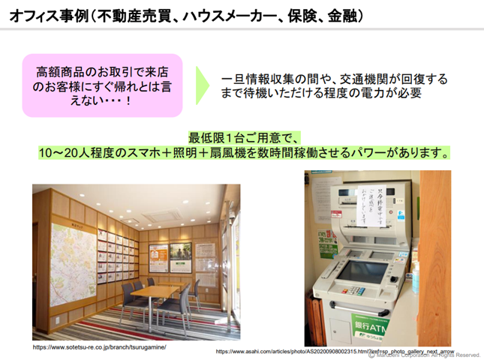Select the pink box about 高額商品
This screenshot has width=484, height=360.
[103, 84]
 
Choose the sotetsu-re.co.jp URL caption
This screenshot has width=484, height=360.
[99, 348]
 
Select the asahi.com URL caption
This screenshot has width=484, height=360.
[335, 350]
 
